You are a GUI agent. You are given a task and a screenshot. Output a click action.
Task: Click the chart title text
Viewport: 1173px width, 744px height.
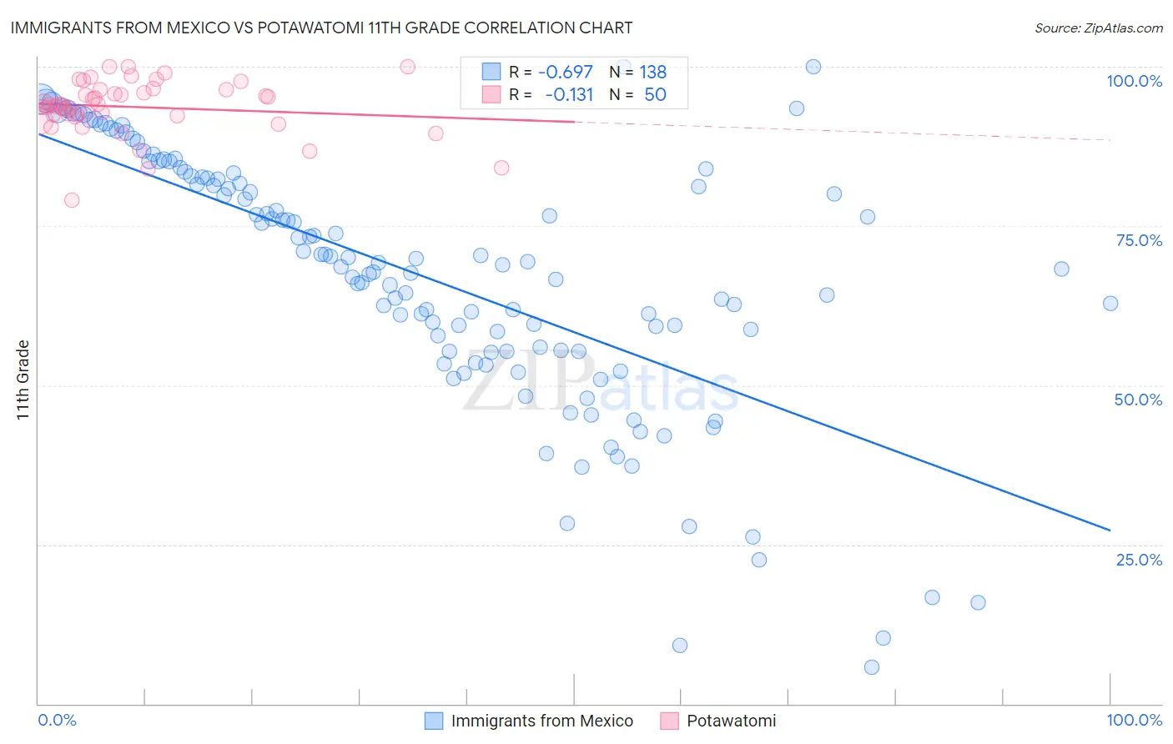321,28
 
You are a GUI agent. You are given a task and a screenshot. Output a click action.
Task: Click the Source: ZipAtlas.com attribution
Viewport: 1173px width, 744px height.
1098,28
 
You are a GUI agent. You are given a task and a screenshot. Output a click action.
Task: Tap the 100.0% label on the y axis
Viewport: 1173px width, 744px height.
1134,81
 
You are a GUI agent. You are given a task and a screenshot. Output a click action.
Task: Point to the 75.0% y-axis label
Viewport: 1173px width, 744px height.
1139,240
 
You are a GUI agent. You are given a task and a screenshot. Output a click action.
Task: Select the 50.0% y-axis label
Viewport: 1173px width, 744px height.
1138,400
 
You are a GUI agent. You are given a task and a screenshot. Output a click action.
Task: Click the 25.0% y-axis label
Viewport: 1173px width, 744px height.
1139,560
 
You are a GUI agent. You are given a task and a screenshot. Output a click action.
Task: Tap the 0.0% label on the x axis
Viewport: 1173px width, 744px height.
58,720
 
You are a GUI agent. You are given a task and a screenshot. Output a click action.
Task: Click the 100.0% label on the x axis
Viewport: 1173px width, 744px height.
1134,720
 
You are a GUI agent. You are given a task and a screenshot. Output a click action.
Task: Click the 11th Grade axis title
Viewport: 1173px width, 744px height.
23,380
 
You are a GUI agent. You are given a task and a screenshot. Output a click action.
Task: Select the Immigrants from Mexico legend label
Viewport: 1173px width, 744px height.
541,721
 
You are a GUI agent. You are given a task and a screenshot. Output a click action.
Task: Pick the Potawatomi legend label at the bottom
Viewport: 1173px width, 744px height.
731,721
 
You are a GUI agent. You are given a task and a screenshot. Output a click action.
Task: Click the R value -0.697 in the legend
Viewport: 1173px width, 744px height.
566,73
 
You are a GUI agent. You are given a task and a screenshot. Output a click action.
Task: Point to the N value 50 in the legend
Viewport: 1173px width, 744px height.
655,95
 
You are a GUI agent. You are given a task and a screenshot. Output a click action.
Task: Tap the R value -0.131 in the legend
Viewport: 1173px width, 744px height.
568,95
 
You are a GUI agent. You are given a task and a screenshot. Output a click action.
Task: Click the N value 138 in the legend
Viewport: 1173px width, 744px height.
652,73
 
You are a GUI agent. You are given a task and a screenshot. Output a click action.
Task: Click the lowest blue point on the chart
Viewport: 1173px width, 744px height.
872,667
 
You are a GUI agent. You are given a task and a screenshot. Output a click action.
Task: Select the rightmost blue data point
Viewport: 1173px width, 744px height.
1110,304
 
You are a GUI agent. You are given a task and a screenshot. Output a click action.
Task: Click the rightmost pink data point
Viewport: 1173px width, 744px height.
501,168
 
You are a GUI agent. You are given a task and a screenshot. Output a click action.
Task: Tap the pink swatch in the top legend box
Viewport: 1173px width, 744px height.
491,94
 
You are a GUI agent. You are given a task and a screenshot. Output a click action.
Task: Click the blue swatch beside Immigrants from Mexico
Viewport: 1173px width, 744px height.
434,721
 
